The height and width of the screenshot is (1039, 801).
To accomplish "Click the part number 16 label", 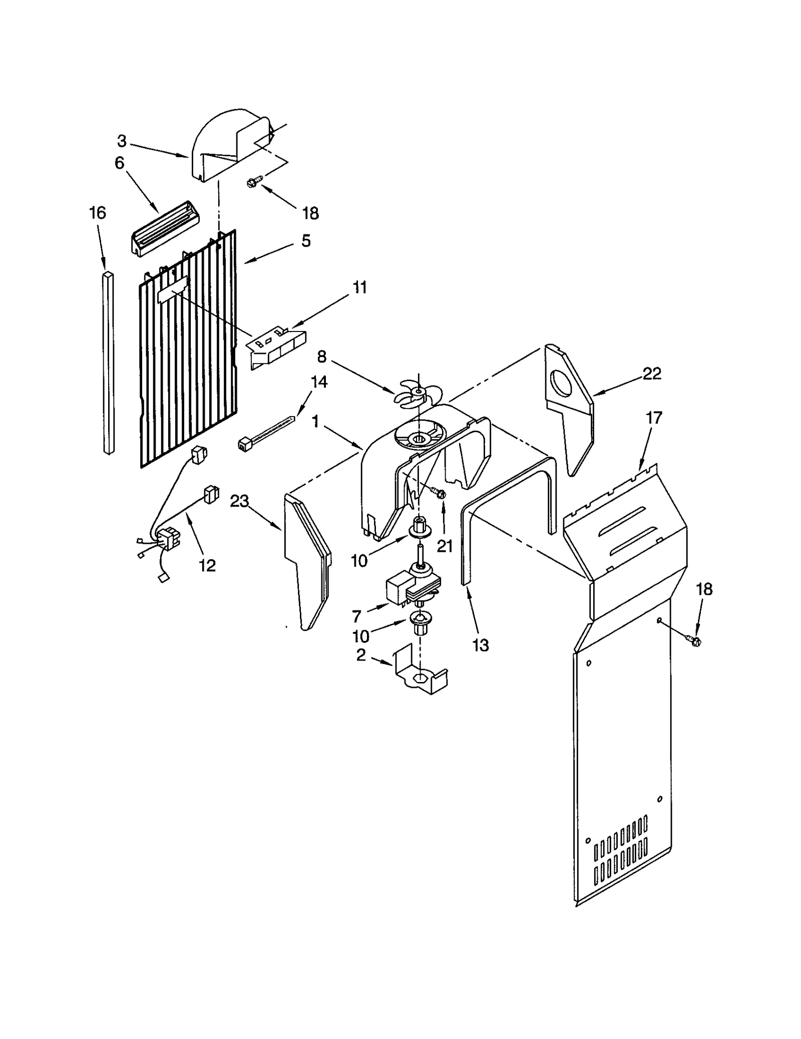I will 98,213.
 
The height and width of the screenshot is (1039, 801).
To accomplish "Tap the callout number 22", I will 652,374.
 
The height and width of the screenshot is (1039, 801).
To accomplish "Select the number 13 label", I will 480,645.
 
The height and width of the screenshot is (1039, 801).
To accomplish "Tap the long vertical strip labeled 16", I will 109,363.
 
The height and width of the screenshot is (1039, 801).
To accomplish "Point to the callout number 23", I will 239,501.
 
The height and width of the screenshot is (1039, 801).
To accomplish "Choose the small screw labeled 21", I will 441,494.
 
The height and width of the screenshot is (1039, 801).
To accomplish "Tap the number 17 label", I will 654,417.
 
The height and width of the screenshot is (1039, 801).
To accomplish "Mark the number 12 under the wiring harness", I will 207,565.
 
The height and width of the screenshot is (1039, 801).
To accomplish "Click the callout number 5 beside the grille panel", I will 306,241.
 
